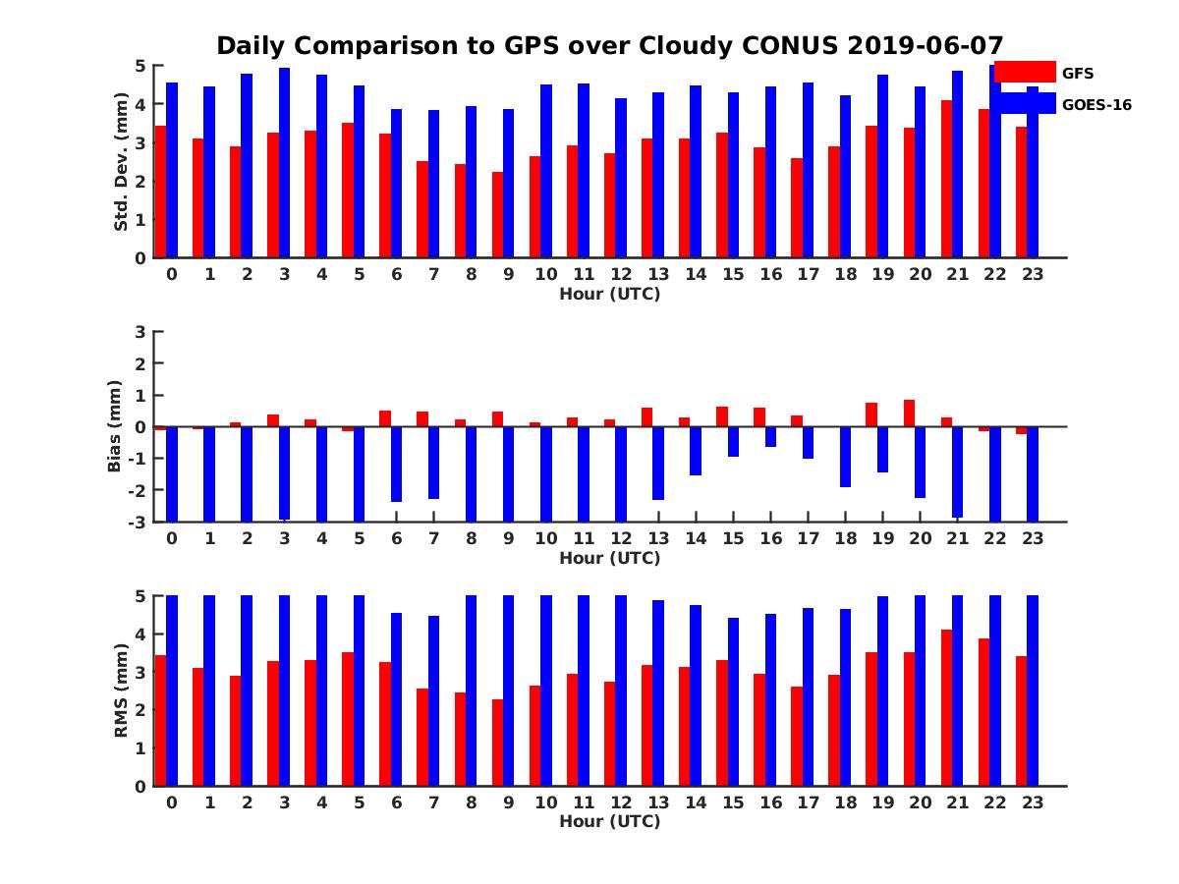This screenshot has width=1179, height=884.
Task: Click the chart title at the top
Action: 609,46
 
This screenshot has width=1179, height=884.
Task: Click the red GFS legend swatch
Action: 1025,72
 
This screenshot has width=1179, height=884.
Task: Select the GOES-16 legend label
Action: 1096,105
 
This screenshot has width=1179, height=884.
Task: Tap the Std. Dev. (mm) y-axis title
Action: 121,161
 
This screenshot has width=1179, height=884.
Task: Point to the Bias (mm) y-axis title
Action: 114,426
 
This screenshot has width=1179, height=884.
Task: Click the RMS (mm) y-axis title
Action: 121,690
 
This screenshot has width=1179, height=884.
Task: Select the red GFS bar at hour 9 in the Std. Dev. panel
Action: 497,215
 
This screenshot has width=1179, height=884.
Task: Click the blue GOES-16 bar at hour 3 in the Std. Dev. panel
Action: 284,163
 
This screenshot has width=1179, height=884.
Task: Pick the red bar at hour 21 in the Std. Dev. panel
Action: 946,179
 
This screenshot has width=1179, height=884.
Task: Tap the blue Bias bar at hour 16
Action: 770,437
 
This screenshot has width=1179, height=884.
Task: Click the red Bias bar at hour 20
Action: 909,414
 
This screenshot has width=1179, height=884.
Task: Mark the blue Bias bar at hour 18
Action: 845,458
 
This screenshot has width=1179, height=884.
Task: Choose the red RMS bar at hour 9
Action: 497,743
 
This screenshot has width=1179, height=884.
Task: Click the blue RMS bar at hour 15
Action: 733,701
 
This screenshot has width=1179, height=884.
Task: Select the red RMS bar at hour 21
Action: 946,707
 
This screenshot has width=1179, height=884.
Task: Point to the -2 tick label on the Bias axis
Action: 137,490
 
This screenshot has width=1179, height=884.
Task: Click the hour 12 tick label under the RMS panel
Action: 621,802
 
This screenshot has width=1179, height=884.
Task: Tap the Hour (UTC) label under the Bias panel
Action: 610,558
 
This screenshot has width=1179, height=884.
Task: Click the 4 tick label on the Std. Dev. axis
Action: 140,104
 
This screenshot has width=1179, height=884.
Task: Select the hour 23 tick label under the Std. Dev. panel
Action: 1032,274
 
